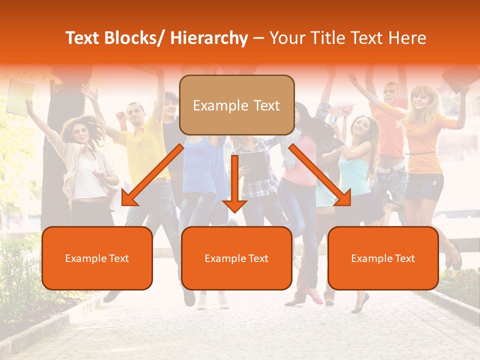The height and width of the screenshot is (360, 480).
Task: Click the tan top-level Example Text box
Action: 236,105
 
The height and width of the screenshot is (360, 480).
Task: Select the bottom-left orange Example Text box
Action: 97,258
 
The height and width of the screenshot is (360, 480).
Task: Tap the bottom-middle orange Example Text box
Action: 236,258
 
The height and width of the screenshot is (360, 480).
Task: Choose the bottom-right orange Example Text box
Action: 383,258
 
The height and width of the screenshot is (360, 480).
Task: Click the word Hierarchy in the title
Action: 209,38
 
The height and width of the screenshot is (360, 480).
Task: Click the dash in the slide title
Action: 258,38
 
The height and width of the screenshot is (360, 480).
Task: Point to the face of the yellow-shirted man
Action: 134,114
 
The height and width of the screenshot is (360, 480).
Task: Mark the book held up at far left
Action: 20,97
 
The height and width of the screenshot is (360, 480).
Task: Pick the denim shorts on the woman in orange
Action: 423,185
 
